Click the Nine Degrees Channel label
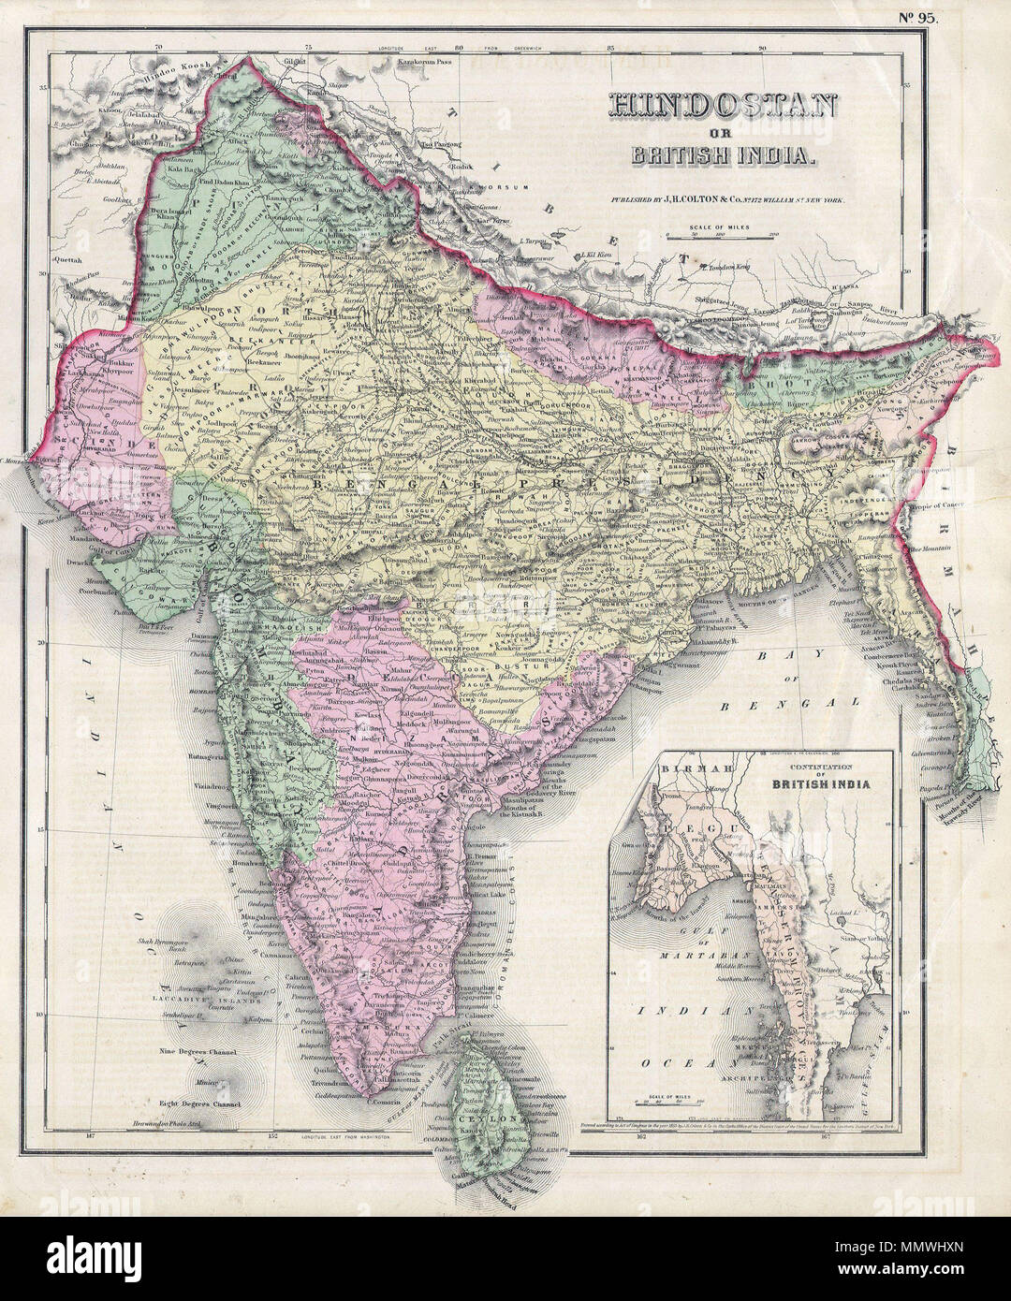pyautogui.click(x=202, y=1053)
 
